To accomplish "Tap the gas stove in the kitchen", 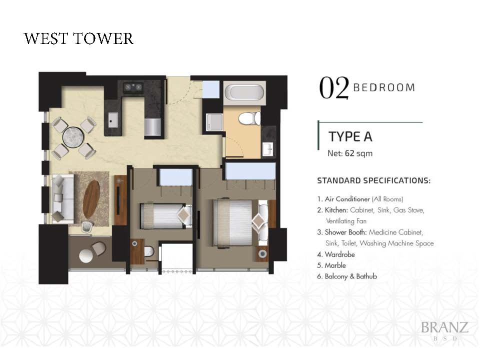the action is coord(133,87).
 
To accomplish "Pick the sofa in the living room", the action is coord(63,198).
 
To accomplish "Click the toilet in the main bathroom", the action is coord(249,119).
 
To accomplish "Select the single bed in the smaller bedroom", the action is coord(165,216).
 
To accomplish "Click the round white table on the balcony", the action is coord(86,255).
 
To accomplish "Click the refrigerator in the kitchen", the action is coord(153,127).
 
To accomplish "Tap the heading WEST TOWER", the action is coord(78,39).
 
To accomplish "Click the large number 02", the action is coord(333,88).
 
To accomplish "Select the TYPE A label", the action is coord(350,136).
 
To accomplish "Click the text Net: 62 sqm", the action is coord(350,153).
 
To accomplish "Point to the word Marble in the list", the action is coord(335,265).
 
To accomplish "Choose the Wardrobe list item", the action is coord(336,254).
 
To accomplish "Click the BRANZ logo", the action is coord(445,330).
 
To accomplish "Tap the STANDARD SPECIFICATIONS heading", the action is coord(374,180).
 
